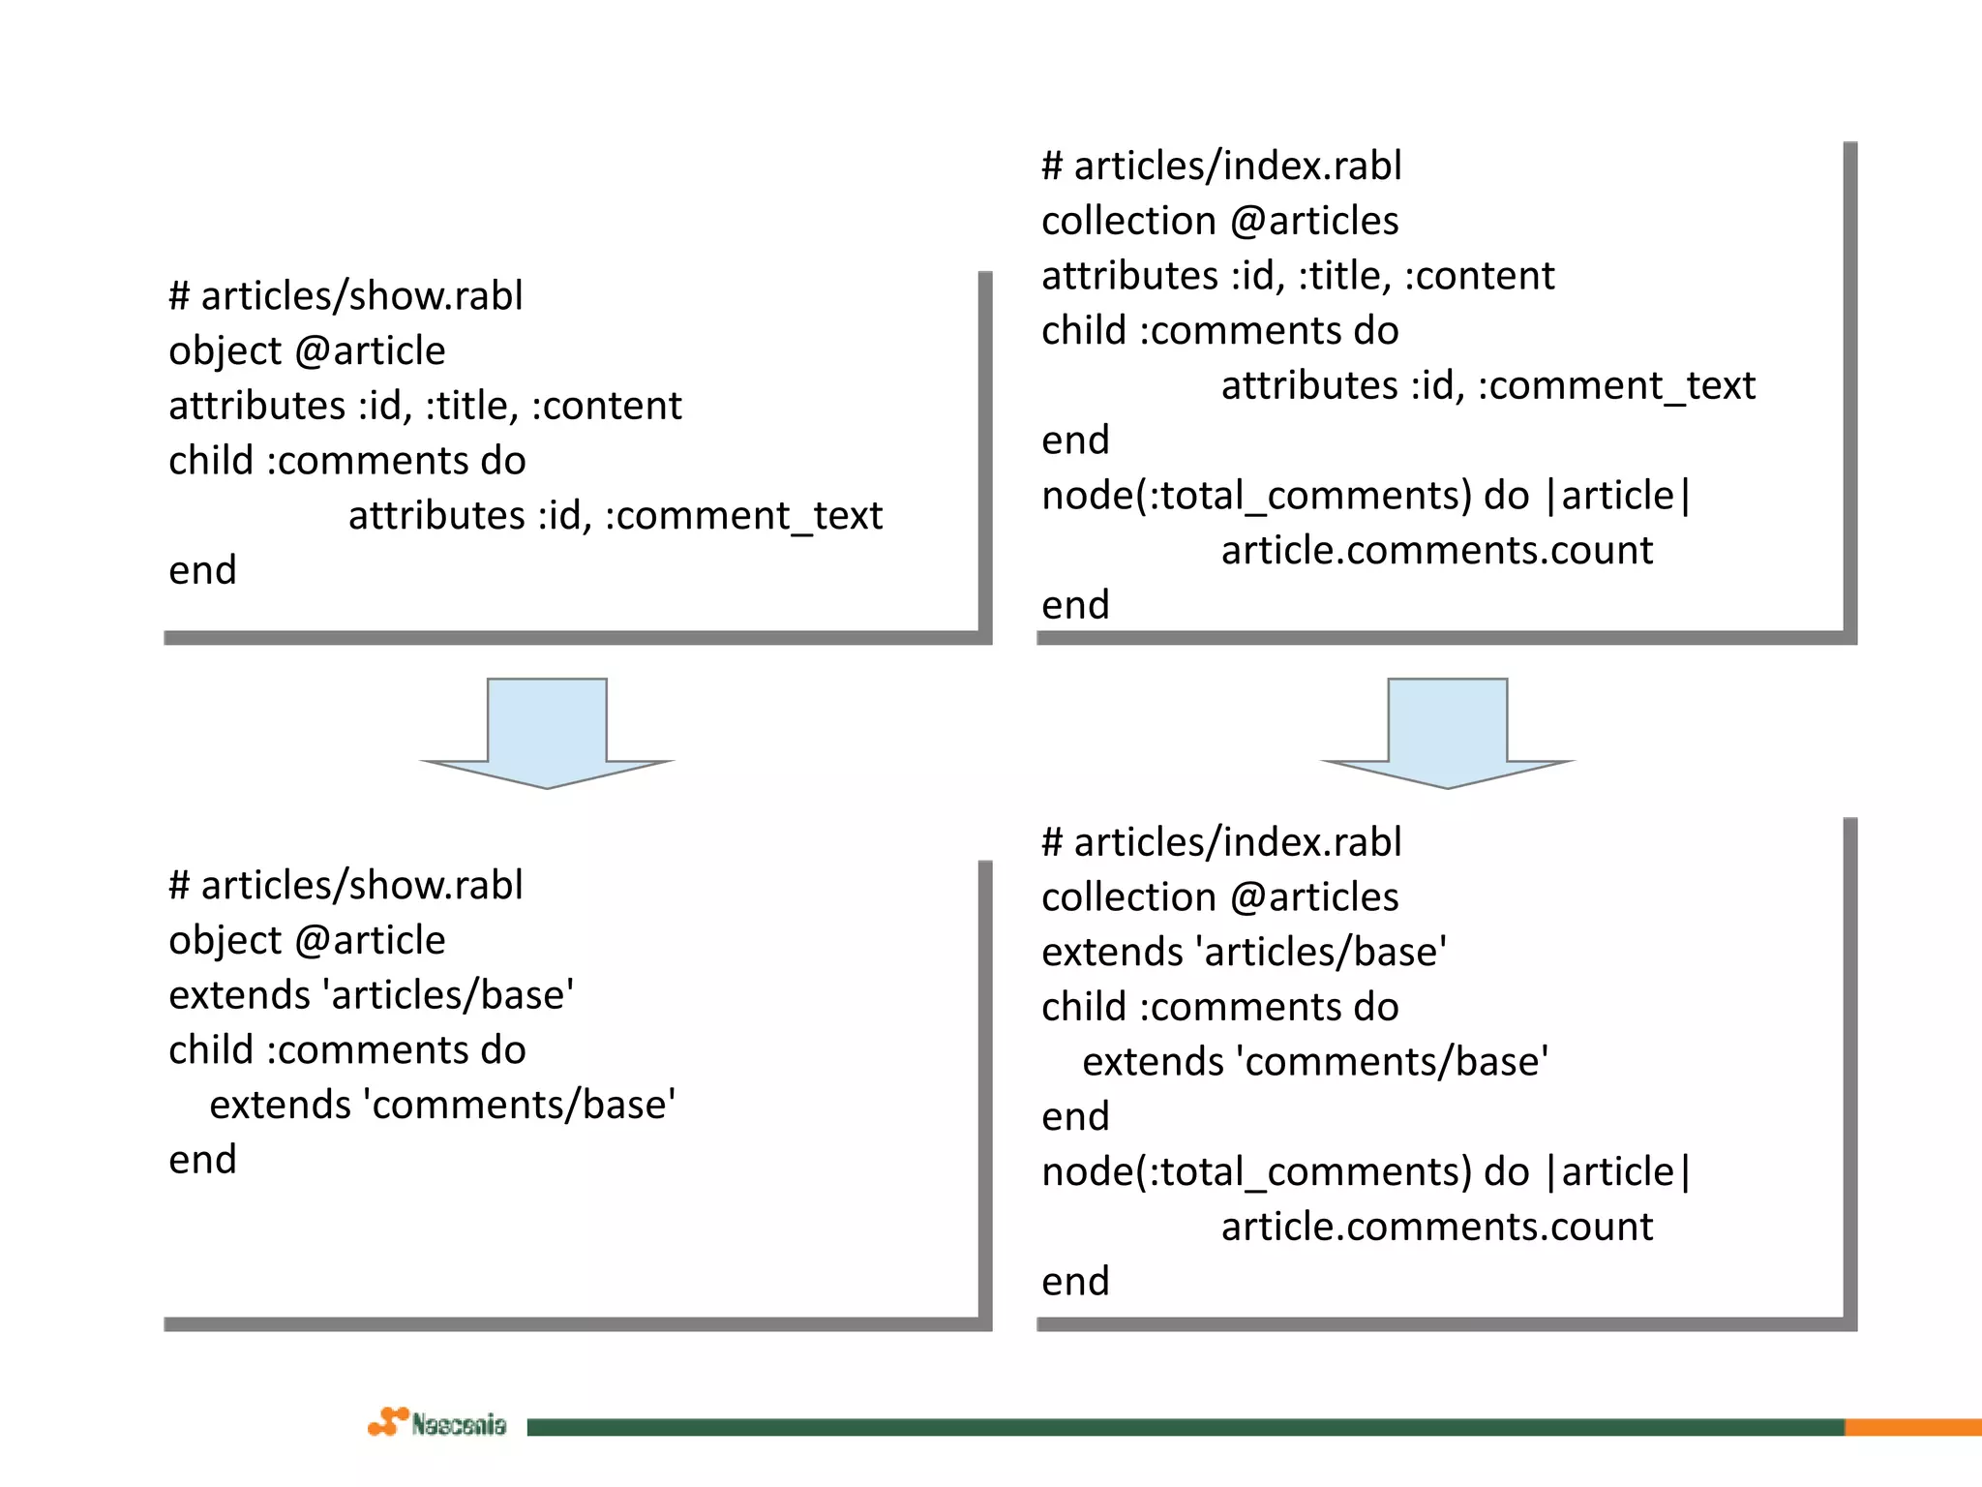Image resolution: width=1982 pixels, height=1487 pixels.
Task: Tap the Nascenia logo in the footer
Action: tap(437, 1423)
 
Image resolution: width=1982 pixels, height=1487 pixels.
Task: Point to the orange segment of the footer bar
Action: tap(1912, 1427)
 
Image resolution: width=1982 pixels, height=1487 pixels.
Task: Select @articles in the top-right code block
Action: tap(1314, 222)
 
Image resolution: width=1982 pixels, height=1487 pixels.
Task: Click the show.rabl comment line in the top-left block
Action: tap(345, 296)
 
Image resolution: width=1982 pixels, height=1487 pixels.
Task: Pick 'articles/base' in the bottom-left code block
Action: tap(448, 995)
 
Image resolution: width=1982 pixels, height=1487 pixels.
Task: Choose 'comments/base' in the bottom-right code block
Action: tap(1392, 1062)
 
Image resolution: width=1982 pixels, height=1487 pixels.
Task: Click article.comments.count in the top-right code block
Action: tap(1436, 551)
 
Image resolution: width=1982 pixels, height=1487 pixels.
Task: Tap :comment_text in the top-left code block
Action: tap(743, 516)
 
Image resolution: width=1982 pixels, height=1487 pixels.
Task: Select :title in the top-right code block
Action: tap(1344, 277)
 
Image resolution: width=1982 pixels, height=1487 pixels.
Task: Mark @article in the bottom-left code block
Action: tap(370, 941)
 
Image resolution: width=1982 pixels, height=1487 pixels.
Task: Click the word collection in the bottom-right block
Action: tap(1128, 897)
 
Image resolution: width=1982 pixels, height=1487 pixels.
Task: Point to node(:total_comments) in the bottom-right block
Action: tap(1256, 1172)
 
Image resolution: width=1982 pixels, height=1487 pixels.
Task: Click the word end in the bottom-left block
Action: tap(202, 1160)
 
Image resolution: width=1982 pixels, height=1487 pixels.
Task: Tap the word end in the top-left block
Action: tap(202, 570)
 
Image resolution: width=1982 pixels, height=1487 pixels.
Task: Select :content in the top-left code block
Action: tap(607, 407)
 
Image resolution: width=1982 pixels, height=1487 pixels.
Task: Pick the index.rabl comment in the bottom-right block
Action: tap(1221, 842)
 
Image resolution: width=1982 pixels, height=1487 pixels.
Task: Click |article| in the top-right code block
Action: tap(1618, 496)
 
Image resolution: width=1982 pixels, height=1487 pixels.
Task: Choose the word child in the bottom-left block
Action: tap(210, 1050)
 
